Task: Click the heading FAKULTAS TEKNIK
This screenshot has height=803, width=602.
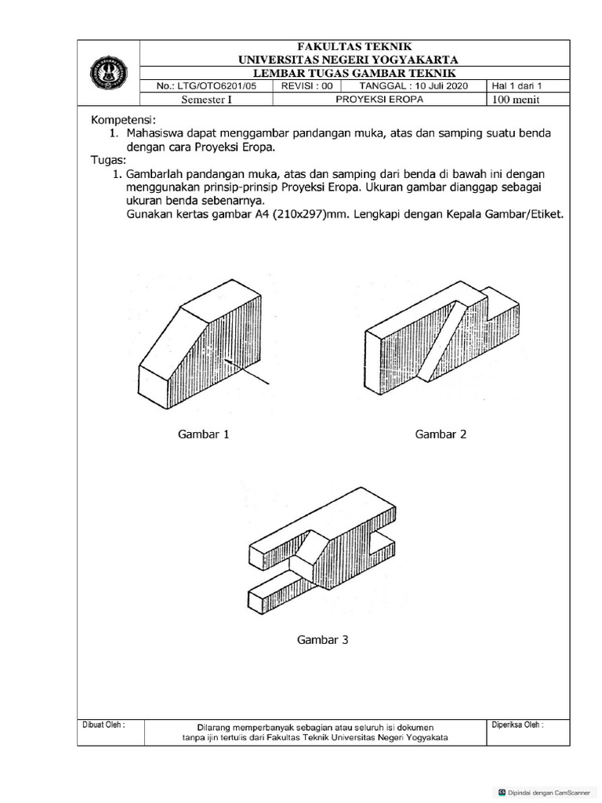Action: [x=350, y=47]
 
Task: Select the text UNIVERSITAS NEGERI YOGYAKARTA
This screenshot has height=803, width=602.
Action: [x=350, y=60]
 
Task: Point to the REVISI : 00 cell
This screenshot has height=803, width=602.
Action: [x=307, y=86]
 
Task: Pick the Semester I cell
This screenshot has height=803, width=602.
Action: [x=206, y=100]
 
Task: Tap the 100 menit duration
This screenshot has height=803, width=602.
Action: [x=517, y=100]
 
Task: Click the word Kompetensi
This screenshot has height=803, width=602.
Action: [x=124, y=120]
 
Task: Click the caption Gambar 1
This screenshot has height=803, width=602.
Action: [x=203, y=434]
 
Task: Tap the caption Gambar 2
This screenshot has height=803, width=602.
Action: [x=441, y=434]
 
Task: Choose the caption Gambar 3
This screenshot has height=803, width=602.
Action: [x=322, y=640]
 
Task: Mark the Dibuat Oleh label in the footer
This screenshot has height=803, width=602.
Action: [x=103, y=725]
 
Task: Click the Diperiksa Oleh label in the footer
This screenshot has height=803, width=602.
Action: [x=518, y=725]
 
